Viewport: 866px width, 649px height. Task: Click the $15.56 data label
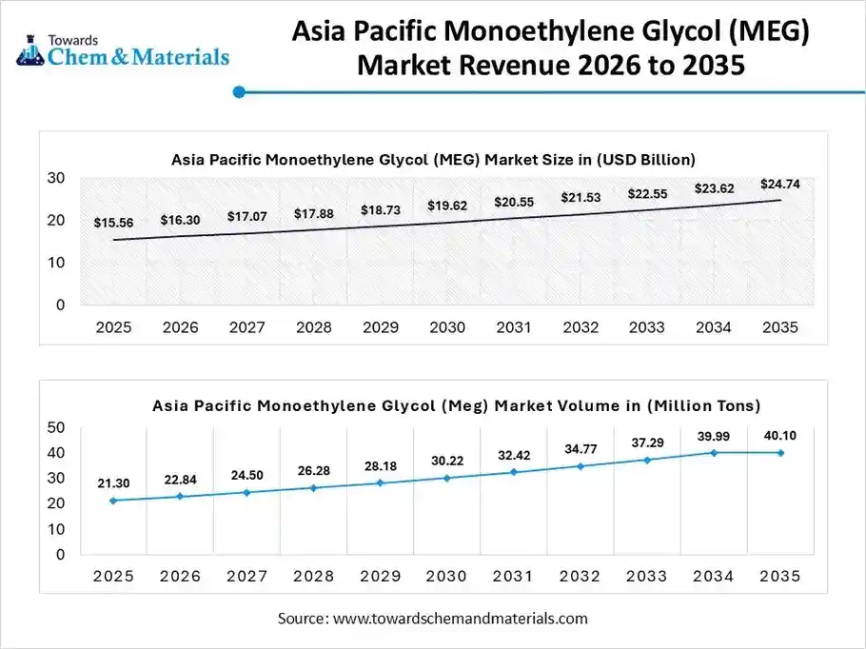click(113, 223)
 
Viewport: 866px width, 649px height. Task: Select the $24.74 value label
click(779, 184)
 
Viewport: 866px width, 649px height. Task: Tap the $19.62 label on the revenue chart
click(446, 205)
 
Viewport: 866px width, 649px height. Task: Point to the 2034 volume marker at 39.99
click(713, 452)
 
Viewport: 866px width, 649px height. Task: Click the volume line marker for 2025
click(113, 501)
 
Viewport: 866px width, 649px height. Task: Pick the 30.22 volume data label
click(446, 461)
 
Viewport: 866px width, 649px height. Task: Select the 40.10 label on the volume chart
click(779, 436)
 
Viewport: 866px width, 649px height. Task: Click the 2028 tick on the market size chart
click(313, 327)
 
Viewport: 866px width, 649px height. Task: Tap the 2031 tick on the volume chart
click(513, 576)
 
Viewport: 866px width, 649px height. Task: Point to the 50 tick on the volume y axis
click(55, 427)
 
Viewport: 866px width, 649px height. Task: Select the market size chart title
click(433, 159)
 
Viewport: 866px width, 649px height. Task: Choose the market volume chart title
click(457, 406)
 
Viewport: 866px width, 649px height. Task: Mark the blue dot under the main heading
click(239, 92)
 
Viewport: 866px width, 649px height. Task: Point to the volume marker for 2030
click(446, 478)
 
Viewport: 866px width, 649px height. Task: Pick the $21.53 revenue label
click(580, 197)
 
